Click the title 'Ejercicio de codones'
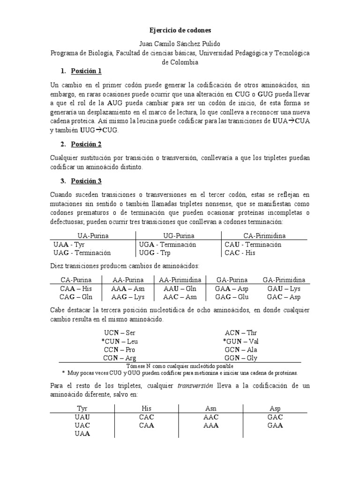point(180,30)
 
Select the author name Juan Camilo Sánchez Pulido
point(180,44)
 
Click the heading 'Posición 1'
point(86,71)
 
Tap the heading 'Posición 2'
point(86,144)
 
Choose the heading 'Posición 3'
point(86,181)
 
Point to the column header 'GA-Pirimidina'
point(284,279)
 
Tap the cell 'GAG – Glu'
point(232,297)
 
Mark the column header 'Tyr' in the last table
point(82,408)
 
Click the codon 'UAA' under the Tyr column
point(82,434)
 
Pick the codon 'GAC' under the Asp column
point(275,417)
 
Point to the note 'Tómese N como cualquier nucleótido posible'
point(180,366)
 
